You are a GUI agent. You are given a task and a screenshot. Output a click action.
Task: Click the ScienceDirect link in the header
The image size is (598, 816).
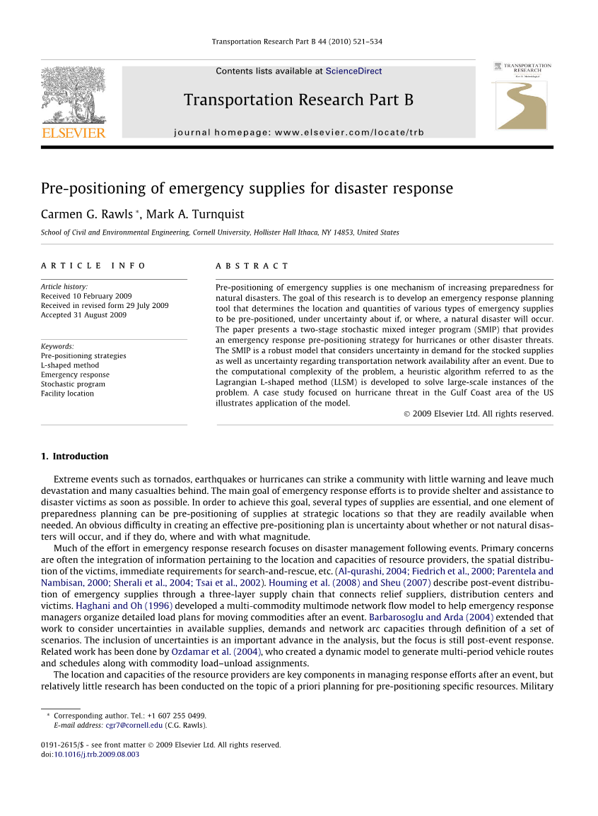pyautogui.click(x=353, y=71)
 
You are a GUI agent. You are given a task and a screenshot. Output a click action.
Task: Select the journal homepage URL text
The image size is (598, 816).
pyautogui.click(x=298, y=132)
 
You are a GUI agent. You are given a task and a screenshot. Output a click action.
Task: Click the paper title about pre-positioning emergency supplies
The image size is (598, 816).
pyautogui.click(x=247, y=189)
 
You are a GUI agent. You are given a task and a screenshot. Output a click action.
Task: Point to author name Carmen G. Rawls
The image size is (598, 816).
pyautogui.click(x=86, y=214)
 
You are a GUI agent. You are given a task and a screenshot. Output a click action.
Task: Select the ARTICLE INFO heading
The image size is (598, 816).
pyautogui.click(x=93, y=266)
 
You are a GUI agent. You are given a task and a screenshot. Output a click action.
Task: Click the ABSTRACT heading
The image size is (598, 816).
pyautogui.click(x=252, y=266)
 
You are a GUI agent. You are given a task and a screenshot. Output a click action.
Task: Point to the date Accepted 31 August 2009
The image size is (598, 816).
pyautogui.click(x=83, y=315)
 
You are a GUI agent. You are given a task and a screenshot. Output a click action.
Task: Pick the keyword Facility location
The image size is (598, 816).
pyautogui.click(x=67, y=394)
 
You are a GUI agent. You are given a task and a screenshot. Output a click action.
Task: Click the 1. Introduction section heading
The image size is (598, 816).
pyautogui.click(x=74, y=456)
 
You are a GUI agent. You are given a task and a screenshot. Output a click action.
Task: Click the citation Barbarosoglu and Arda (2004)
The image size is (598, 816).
pyautogui.click(x=431, y=617)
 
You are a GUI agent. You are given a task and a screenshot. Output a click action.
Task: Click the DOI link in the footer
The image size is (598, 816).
pyautogui.click(x=97, y=755)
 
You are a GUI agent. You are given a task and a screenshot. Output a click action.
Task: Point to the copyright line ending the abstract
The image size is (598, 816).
pyautogui.click(x=478, y=414)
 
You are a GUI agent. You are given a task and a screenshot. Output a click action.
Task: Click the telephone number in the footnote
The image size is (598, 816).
pyautogui.click(x=177, y=716)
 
